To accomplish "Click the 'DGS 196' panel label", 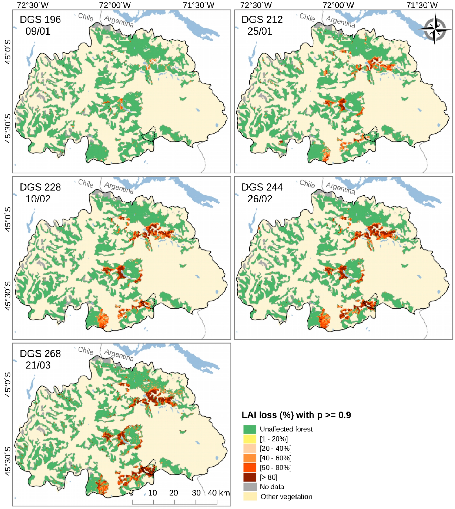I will pos(40,20).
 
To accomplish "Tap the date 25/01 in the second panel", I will pos(260,31).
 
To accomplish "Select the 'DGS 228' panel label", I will pos(40,187).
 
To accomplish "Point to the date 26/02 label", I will pos(260,199).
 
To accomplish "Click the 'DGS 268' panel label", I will pos(40,354).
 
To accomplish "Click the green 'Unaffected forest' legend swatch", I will pos(250,429).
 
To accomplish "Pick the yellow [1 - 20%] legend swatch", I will pos(250,439).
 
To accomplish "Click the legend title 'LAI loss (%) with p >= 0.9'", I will pos(296,415).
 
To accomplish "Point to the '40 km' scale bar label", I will pos(218,493).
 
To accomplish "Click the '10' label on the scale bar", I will pos(153,493).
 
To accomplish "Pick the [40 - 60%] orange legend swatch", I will pos(250,458).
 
